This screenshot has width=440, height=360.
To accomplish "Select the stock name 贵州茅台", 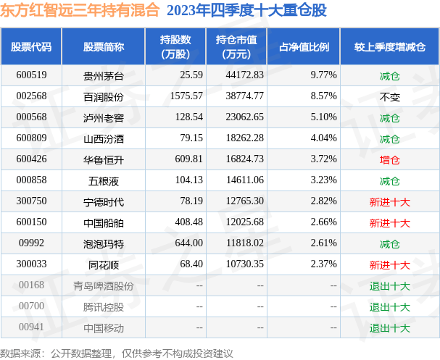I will (x=104, y=75).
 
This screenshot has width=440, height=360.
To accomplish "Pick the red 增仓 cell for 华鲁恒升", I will (x=389, y=159).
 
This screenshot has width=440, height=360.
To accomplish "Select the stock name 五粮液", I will (x=104, y=180).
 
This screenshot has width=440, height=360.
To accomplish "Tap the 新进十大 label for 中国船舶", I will (x=389, y=222).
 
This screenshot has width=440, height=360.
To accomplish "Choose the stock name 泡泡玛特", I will (x=104, y=243).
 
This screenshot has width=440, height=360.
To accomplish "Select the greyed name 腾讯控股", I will (x=104, y=307).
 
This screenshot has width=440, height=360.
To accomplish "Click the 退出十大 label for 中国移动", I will (x=389, y=328).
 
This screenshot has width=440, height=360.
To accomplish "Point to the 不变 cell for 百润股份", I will (x=389, y=96).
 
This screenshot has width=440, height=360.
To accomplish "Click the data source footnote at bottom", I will (x=117, y=353).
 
